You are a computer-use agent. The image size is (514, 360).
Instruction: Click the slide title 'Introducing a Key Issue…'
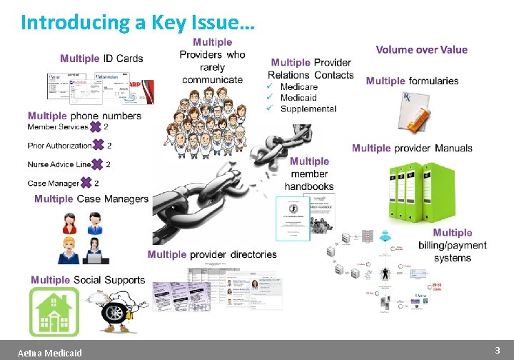tap(137, 22)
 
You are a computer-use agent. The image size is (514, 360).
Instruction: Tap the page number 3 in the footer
tap(497, 350)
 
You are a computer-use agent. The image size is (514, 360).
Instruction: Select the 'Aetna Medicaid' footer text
tap(50, 353)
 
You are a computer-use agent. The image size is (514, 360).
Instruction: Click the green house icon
tap(54, 312)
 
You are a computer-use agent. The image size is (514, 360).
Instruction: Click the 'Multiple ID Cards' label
tap(101, 59)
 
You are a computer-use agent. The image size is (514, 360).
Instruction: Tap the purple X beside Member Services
tap(96, 127)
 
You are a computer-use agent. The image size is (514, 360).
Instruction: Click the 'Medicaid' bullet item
tap(298, 98)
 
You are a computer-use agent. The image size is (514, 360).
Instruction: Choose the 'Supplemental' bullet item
tap(308, 109)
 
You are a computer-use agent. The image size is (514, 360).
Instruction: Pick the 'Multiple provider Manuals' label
tap(412, 148)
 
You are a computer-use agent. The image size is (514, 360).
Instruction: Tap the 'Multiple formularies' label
tap(412, 81)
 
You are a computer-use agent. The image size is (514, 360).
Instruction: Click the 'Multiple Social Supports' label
tap(88, 280)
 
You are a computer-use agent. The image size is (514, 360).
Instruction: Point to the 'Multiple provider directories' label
tap(212, 254)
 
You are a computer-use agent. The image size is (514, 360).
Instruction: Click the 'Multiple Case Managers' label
tap(91, 199)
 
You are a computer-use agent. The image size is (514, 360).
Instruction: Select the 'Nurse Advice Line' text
tap(59, 164)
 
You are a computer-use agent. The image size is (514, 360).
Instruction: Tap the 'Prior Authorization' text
tap(60, 146)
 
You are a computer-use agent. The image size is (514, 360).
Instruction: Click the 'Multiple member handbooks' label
tap(309, 174)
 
